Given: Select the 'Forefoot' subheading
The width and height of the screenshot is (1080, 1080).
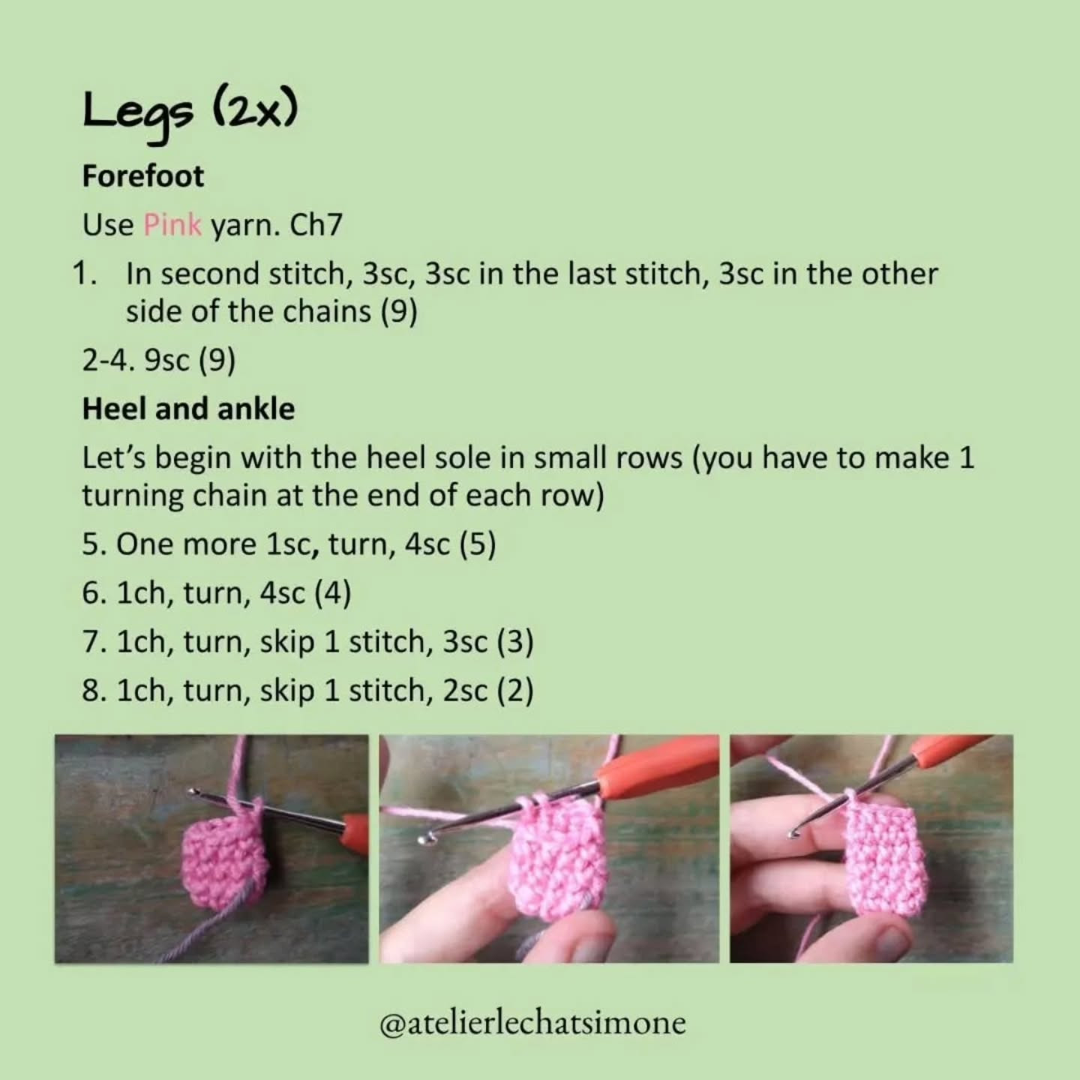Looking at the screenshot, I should [142, 176].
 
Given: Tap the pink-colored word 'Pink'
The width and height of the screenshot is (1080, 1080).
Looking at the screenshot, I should [172, 224].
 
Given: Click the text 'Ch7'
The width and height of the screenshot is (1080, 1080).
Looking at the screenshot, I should [316, 224].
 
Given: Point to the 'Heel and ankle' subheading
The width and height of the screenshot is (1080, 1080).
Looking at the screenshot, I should [188, 409].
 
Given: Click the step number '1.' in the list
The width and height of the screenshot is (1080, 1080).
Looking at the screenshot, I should [85, 274].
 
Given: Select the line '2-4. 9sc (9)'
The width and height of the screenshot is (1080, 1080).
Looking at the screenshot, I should [159, 361].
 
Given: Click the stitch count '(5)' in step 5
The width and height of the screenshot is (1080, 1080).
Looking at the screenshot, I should [478, 544].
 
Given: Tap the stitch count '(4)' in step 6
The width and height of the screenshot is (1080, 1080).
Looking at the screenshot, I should [333, 592].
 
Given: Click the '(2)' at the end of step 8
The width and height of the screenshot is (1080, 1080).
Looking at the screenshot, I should [515, 691].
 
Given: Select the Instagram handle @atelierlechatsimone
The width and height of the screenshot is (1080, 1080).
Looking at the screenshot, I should [532, 1023].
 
